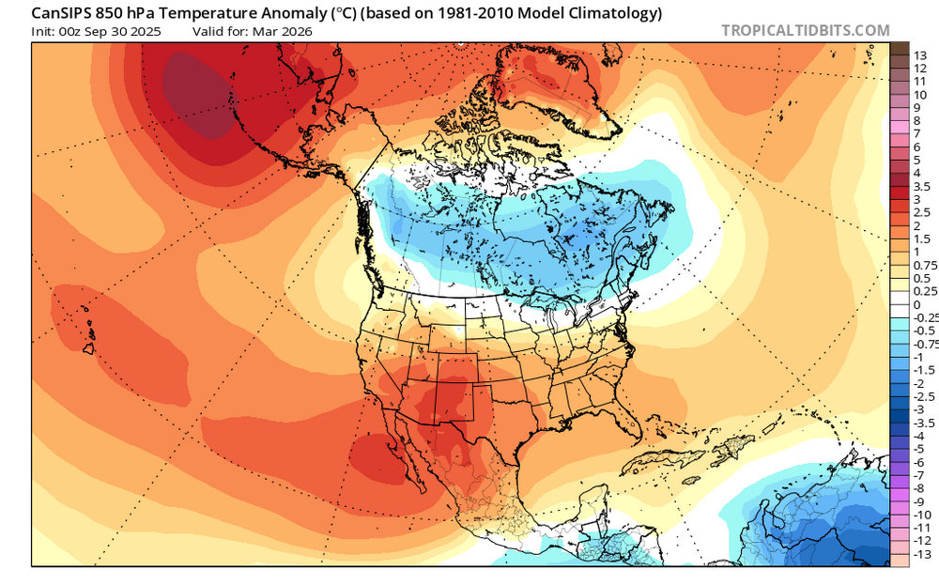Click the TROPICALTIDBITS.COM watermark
[x=806, y=30]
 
